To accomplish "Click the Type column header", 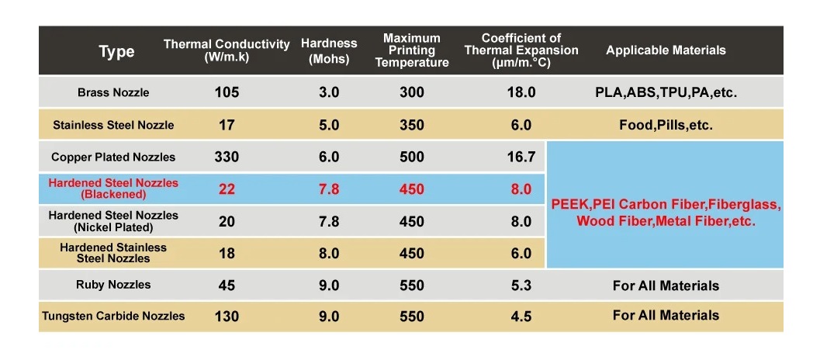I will coord(116,52).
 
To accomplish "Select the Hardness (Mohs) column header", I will coord(329,51).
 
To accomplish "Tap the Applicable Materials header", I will coord(666,50).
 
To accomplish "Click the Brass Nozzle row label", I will coord(113,92).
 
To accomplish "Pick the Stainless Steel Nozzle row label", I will coord(113,125).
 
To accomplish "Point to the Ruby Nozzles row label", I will coord(113,285).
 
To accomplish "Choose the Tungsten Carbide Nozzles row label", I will coord(113,316).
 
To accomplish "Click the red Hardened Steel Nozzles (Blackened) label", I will coord(113,189).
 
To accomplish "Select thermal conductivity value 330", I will coord(227,157).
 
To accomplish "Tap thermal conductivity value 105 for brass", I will coord(227,92).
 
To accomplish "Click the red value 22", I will coord(227,189).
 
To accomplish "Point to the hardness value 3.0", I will coord(329,92).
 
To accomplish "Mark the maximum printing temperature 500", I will coord(412,157).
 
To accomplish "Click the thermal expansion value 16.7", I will coord(521,157).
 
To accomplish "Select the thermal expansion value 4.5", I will coord(521,317).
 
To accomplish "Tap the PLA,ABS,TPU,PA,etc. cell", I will coord(666,92).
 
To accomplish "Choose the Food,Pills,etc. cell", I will coord(666,125).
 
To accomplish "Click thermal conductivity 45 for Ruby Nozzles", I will coord(227,286).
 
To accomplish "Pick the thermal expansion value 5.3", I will coord(521,286).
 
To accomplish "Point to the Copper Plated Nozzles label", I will coord(113,157).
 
